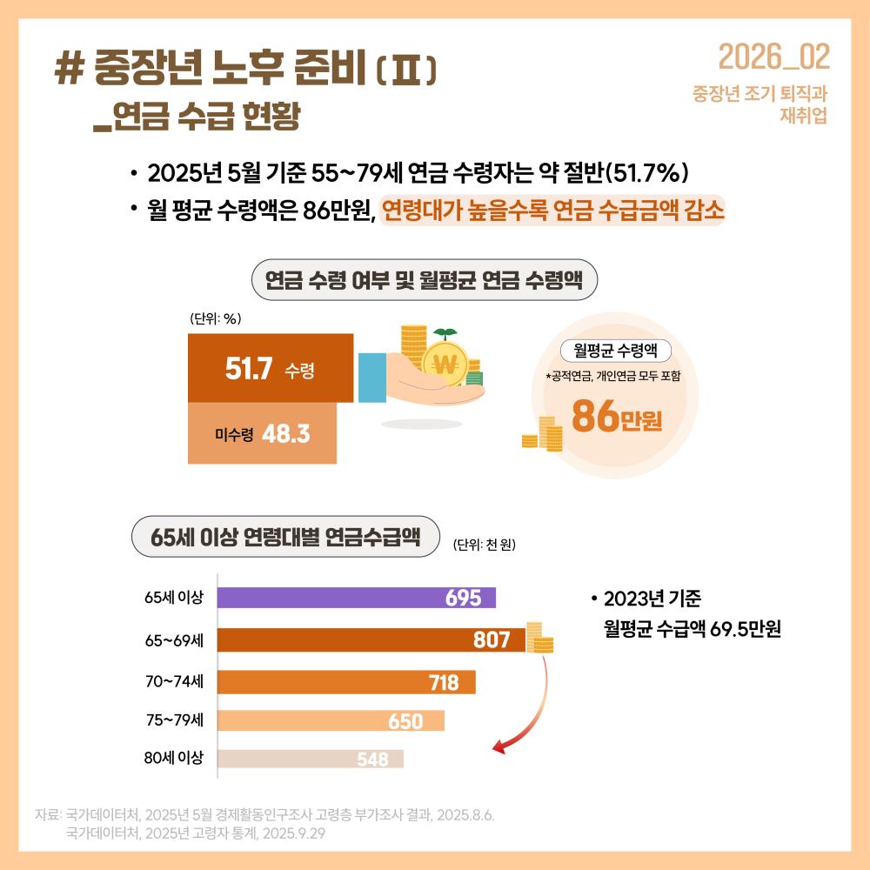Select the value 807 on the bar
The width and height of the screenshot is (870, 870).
click(492, 640)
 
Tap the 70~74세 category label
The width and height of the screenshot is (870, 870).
click(174, 681)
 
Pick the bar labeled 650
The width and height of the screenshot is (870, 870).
click(331, 721)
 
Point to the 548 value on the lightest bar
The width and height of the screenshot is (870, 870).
click(372, 760)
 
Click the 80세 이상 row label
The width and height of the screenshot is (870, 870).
click(173, 758)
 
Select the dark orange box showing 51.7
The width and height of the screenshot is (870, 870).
click(270, 368)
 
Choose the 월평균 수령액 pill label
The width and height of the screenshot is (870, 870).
click(615, 350)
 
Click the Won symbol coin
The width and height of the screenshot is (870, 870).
click(445, 365)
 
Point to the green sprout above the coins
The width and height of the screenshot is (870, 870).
click(445, 333)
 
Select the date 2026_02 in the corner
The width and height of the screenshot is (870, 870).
click(773, 57)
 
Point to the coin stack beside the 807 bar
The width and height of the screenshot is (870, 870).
click(539, 638)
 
